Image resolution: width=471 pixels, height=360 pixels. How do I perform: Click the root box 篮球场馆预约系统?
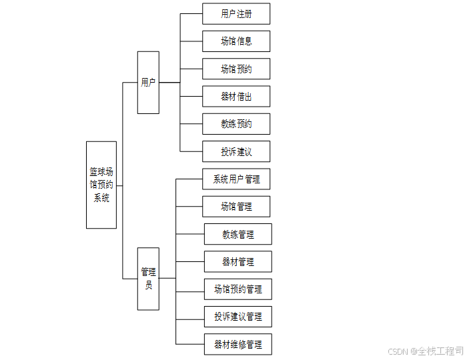[x=101, y=185]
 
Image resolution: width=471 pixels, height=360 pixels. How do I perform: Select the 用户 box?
[x=148, y=83]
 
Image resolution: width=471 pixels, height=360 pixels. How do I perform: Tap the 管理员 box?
[x=148, y=278]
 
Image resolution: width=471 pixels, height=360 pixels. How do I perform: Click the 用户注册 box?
[x=236, y=13]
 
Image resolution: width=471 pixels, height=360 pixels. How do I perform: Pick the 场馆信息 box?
[x=236, y=41]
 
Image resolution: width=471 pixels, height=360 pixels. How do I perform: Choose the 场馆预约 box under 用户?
[x=236, y=69]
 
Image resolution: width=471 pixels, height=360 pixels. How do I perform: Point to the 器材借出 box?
[x=236, y=97]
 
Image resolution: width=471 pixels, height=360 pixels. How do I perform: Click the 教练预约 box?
[x=236, y=124]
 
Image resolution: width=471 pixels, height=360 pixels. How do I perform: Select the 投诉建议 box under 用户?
[x=236, y=151]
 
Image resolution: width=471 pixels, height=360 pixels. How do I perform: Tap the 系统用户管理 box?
[x=236, y=179]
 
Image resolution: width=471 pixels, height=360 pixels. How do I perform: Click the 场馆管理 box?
[x=236, y=207]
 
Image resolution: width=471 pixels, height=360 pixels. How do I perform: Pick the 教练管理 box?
[x=238, y=234]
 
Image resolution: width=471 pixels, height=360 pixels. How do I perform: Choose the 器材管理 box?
[x=238, y=262]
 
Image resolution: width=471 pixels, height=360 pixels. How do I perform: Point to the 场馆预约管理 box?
[x=238, y=289]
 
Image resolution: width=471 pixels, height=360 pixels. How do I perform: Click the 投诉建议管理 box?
[x=238, y=317]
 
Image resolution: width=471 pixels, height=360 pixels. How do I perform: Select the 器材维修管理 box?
[x=238, y=344]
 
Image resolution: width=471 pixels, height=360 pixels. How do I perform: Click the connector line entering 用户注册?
[x=191, y=13]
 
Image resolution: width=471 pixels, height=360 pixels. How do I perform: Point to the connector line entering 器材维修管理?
[x=190, y=344]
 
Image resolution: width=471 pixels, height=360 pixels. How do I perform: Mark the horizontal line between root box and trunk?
[x=119, y=185]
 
